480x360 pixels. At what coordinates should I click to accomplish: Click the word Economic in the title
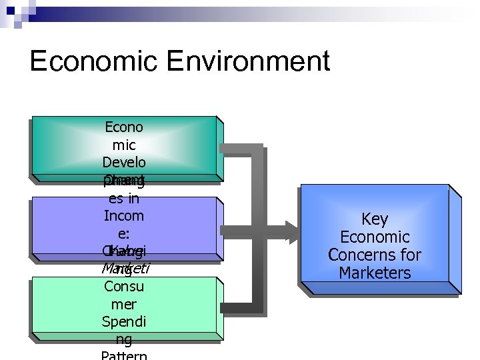[x=94, y=61]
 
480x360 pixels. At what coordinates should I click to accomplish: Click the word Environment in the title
[x=249, y=61]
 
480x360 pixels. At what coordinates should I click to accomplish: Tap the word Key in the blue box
[x=375, y=219]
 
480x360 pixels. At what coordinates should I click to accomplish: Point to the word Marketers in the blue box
[x=375, y=273]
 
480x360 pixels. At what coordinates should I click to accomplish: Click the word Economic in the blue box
[x=375, y=237]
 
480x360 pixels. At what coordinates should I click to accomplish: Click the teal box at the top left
[x=67, y=147]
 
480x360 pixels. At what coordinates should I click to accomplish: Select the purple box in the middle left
[x=67, y=227]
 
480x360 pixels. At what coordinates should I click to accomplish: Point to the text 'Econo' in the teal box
[x=124, y=127]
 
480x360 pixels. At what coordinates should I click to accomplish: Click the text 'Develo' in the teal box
[x=124, y=163]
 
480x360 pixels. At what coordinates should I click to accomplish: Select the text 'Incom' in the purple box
[x=124, y=216]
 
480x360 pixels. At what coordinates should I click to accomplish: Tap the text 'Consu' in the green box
[x=124, y=287]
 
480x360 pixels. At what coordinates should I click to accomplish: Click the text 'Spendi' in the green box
[x=124, y=321]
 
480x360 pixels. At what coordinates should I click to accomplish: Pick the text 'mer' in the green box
[x=124, y=304]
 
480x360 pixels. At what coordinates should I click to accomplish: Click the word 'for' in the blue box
[x=411, y=255]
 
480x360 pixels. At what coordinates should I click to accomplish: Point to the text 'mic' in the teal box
[x=124, y=145]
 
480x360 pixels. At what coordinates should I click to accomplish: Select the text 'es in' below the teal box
[x=124, y=198]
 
